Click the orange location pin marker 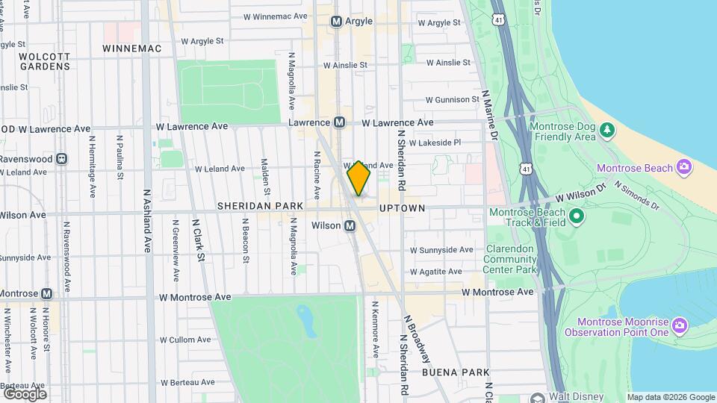(358, 178)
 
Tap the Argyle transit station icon (337, 22)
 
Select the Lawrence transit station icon (339, 122)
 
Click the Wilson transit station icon (350, 225)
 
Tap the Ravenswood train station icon (62, 158)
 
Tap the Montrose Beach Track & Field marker (576, 216)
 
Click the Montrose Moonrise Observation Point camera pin (679, 324)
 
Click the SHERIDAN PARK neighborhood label (261, 205)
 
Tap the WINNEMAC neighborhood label (131, 49)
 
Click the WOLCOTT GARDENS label (44, 61)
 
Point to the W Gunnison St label (452, 99)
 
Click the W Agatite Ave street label (441, 272)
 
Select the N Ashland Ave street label (146, 220)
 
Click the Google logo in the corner (25, 393)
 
